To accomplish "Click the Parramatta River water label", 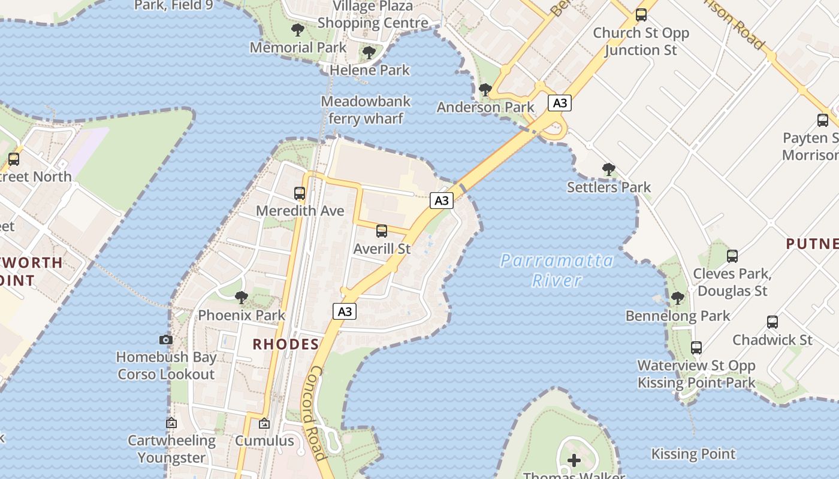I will tap(557, 270).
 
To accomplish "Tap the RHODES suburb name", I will tap(286, 344).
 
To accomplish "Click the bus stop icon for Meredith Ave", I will tap(300, 193).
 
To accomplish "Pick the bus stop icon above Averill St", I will tap(382, 231).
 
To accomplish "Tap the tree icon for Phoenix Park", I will tap(242, 297).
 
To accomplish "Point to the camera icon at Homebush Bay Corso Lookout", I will tap(166, 339).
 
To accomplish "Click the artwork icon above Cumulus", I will tap(264, 423).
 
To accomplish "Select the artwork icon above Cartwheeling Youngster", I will tap(171, 423).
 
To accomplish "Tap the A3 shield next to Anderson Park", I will tap(559, 103).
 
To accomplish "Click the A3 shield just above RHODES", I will tap(345, 311).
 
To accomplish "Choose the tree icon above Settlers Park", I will tap(609, 169).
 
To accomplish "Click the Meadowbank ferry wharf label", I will tap(366, 110).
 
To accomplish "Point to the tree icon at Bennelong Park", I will tap(678, 298).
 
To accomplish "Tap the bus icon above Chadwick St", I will tap(772, 322).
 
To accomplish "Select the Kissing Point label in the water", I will tap(693, 454).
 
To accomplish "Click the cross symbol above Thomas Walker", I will tap(574, 460).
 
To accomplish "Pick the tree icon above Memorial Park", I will tap(297, 30).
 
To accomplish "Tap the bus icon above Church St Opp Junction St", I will tap(641, 15).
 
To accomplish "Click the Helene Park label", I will tap(370, 69).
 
